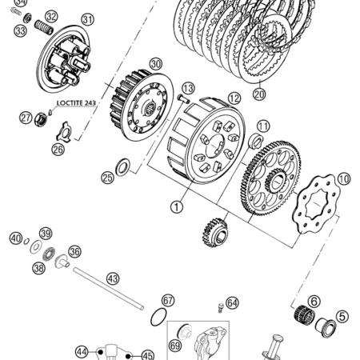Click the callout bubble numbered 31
[88, 19]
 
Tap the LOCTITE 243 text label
[76, 103]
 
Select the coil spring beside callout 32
[44, 27]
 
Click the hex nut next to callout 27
[41, 119]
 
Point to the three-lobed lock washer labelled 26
[64, 131]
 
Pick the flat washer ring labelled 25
[122, 167]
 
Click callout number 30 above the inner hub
[156, 64]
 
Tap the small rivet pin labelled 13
[183, 98]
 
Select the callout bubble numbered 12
[234, 98]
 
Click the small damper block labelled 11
[255, 141]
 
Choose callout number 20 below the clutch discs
[259, 94]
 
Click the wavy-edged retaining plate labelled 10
[316, 204]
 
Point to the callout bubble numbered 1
[177, 206]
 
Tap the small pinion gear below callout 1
[215, 232]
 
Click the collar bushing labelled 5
[326, 327]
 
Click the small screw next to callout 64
[220, 307]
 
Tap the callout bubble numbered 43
[113, 279]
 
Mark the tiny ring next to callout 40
[26, 242]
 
